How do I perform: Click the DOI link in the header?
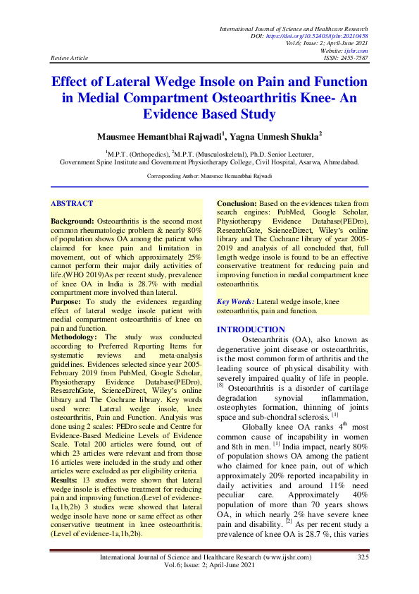[x=327, y=35]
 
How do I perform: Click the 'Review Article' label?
[x=70, y=59]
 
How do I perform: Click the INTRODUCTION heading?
[x=250, y=330]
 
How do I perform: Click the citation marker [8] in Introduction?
[x=220, y=385]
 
